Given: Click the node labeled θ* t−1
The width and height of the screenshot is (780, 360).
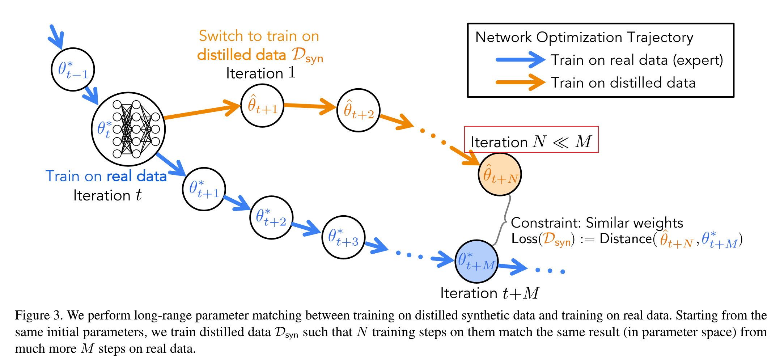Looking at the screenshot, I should click(x=73, y=69).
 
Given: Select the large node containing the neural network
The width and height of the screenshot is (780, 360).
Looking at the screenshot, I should click(x=128, y=129).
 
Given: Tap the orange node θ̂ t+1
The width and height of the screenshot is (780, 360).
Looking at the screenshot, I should click(x=262, y=106).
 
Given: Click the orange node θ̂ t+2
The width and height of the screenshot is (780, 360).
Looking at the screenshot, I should click(x=358, y=110).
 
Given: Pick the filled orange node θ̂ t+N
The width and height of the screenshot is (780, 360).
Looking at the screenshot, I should click(x=500, y=174).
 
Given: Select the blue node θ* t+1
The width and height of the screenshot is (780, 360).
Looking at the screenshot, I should click(x=204, y=189).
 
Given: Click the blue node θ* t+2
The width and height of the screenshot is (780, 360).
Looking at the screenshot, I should click(x=271, y=217).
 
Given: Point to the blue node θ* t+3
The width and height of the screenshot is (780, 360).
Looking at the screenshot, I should click(x=343, y=237).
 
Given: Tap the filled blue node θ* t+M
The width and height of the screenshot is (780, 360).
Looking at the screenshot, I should click(x=476, y=261).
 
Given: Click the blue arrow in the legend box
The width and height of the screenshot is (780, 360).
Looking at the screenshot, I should click(x=520, y=60).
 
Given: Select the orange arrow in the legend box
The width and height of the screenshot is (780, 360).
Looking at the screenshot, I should click(x=520, y=82).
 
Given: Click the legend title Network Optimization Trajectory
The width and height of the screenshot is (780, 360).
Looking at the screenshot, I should click(x=584, y=37).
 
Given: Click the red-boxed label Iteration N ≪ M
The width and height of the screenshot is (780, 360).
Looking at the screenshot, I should click(x=531, y=141).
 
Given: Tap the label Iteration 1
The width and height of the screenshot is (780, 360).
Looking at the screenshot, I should click(x=260, y=73).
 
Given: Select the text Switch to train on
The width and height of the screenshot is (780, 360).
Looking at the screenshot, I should click(x=259, y=36).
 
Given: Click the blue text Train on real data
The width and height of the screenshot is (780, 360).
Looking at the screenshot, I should click(x=106, y=176).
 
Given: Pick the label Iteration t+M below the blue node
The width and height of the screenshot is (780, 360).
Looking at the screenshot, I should click(x=489, y=293).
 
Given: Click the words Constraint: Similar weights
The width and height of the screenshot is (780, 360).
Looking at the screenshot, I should click(x=597, y=223).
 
